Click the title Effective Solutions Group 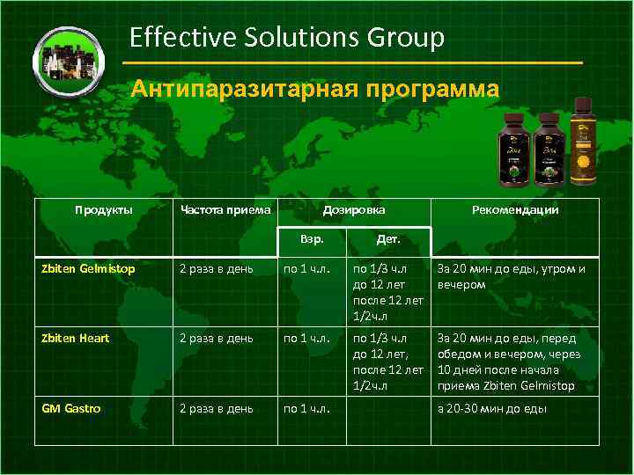[286, 37]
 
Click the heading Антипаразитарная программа [314, 90]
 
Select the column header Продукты [103, 210]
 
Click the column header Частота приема [225, 210]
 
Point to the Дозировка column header [353, 210]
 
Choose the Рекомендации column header [515, 210]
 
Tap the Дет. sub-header [388, 238]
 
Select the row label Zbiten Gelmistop [89, 269]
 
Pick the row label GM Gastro [71, 408]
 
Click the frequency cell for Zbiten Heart [217, 338]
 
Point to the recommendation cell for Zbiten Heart [507, 362]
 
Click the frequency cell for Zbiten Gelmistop [217, 269]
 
